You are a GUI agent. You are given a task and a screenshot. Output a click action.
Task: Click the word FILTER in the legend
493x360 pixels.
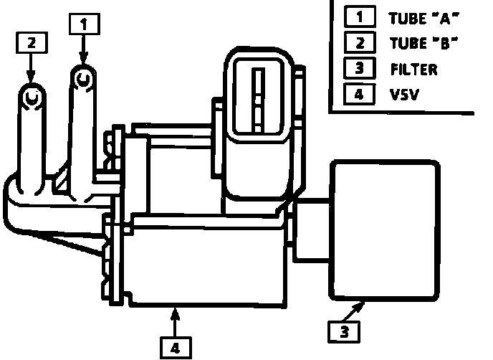[x=414, y=70]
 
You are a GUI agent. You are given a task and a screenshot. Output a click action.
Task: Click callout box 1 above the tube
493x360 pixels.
[x=84, y=23]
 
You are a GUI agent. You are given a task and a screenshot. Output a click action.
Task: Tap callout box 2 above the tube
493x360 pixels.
[x=30, y=42]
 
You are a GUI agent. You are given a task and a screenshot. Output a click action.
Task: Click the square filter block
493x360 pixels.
[x=384, y=229]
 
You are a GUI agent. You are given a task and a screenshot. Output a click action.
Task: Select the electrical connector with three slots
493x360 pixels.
[x=259, y=100]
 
